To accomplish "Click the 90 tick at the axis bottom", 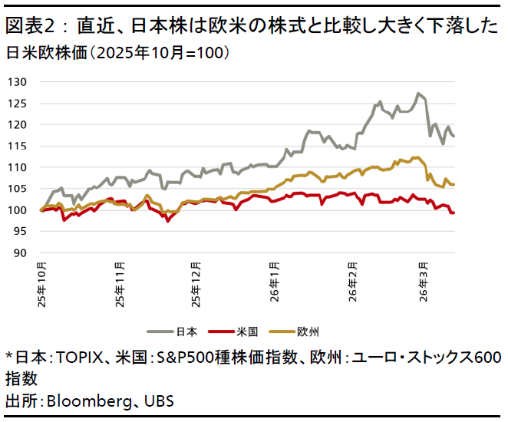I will (x=20, y=252).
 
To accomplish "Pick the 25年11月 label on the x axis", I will (x=120, y=285).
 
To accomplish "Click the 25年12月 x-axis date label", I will (x=197, y=285).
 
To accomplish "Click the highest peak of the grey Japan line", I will (x=417, y=94).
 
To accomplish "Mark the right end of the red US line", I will (x=454, y=213).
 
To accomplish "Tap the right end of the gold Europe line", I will (x=454, y=184).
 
